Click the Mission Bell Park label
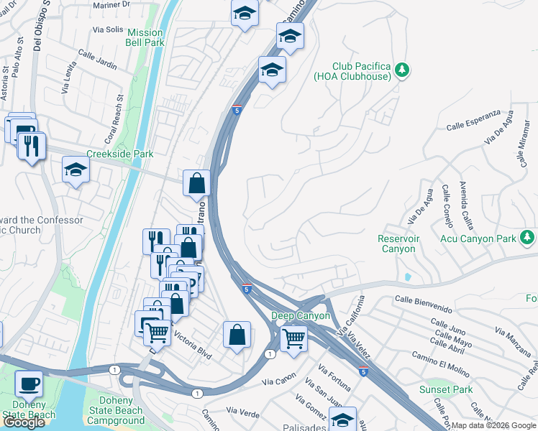[x=145, y=37]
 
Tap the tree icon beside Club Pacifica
[x=403, y=70]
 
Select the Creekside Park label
[x=120, y=154]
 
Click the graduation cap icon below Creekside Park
[x=76, y=170]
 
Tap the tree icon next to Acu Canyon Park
[x=527, y=236]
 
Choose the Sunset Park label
[x=446, y=390]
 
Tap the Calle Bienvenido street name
[x=424, y=305]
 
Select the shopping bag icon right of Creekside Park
[x=196, y=183]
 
